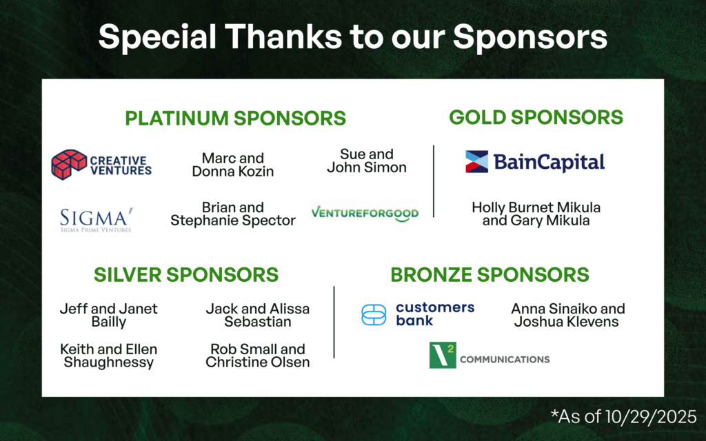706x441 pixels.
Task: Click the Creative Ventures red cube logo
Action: click(x=69, y=165)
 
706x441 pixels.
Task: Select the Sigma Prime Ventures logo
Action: click(x=97, y=220)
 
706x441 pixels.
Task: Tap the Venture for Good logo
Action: click(x=365, y=214)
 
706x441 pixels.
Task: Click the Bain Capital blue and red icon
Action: click(x=477, y=162)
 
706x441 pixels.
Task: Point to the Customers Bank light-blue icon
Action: click(x=374, y=314)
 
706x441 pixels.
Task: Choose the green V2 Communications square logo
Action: click(x=443, y=355)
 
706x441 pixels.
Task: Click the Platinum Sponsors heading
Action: click(x=236, y=118)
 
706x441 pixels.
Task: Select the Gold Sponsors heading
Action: click(x=536, y=117)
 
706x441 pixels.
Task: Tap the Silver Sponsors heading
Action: click(x=186, y=274)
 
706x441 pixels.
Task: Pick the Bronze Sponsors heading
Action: click(x=490, y=274)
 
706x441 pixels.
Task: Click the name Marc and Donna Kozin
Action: click(x=233, y=165)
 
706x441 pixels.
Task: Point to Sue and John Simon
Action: click(x=367, y=161)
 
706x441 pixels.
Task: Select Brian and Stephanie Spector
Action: click(x=233, y=214)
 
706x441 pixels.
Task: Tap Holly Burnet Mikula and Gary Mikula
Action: click(x=536, y=214)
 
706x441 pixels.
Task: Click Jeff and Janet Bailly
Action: click(x=108, y=315)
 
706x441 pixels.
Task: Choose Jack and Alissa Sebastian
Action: click(x=258, y=315)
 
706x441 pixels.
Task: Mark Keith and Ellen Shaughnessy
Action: click(x=108, y=356)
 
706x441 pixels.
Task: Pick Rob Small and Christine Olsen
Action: click(x=258, y=356)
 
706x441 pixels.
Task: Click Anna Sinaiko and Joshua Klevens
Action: click(x=568, y=315)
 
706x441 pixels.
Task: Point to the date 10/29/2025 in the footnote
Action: click(x=651, y=417)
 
